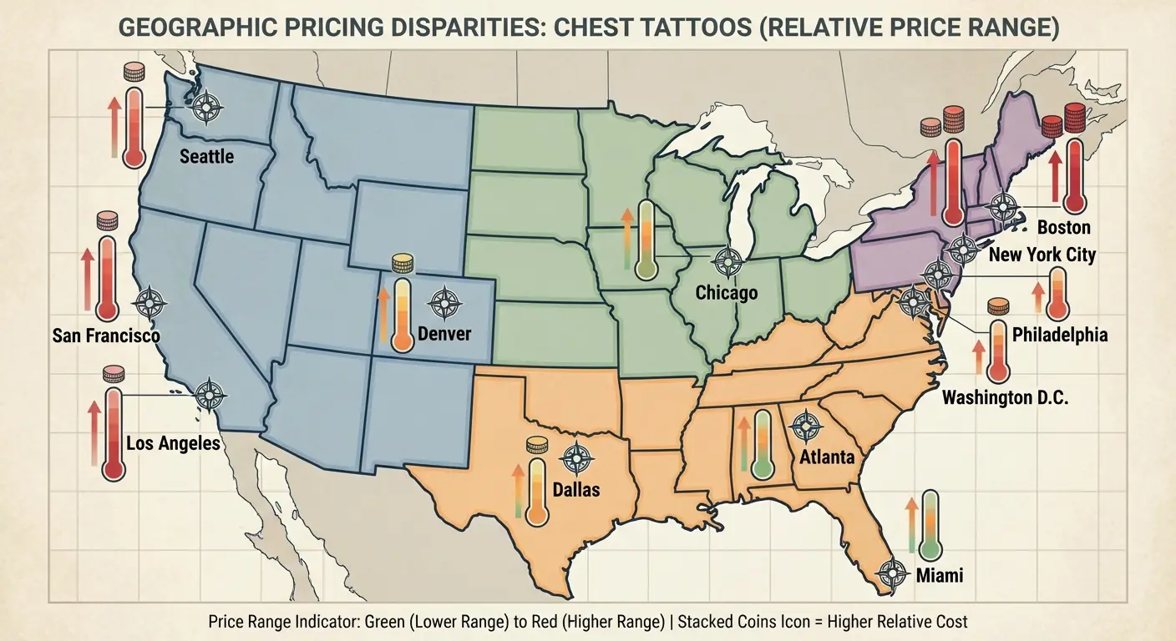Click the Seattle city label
click(x=206, y=156)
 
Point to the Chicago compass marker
click(x=729, y=262)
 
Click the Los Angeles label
click(x=173, y=442)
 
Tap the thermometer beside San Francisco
click(x=107, y=280)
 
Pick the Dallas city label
click(x=576, y=489)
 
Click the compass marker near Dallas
click(x=576, y=457)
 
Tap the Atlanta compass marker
click(x=805, y=427)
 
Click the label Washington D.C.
click(x=1005, y=397)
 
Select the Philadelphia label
click(x=1059, y=335)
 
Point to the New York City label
click(x=1041, y=255)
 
